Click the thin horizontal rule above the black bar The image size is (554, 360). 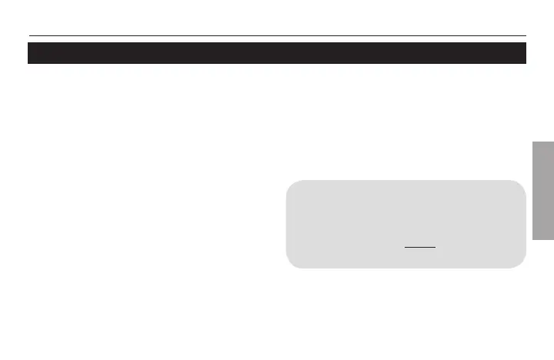click(277, 35)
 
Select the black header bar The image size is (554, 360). click(277, 53)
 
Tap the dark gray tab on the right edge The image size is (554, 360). click(542, 191)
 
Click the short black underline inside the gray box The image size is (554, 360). click(420, 247)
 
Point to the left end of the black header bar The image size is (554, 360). click(30, 53)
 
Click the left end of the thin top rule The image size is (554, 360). click(29, 35)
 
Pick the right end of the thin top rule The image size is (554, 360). click(526, 35)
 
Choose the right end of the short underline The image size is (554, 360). click(436, 247)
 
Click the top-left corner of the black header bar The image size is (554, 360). click(28, 43)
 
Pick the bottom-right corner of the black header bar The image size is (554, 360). click(526, 63)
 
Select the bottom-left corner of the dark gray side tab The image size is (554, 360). click(531, 240)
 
